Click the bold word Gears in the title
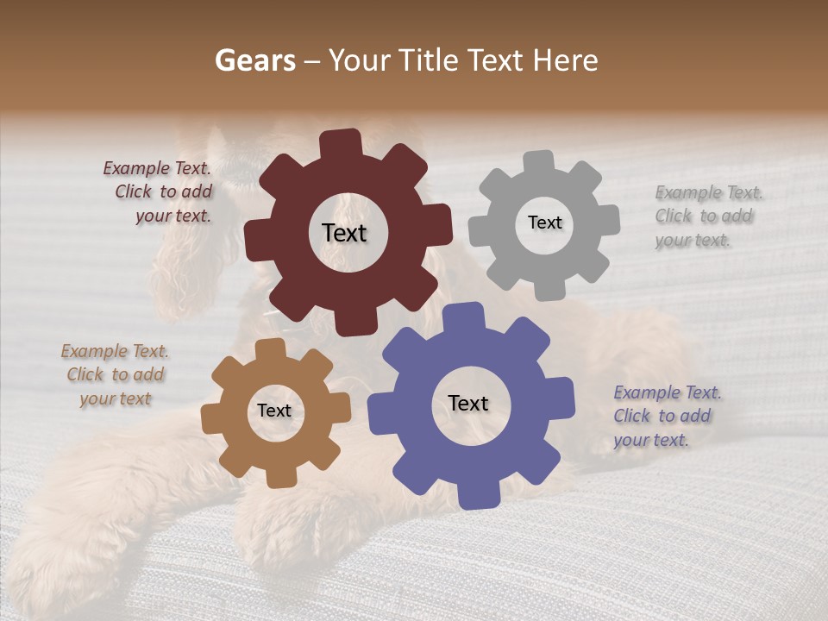click(x=254, y=60)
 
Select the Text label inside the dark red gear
click(x=344, y=233)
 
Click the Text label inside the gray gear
click(x=544, y=223)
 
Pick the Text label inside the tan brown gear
click(x=274, y=411)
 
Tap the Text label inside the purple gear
click(x=468, y=404)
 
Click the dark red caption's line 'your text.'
click(x=173, y=216)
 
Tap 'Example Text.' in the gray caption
click(x=709, y=192)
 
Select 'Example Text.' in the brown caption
click(x=115, y=351)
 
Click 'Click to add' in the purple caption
click(x=662, y=416)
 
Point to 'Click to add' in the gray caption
click(x=704, y=216)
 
